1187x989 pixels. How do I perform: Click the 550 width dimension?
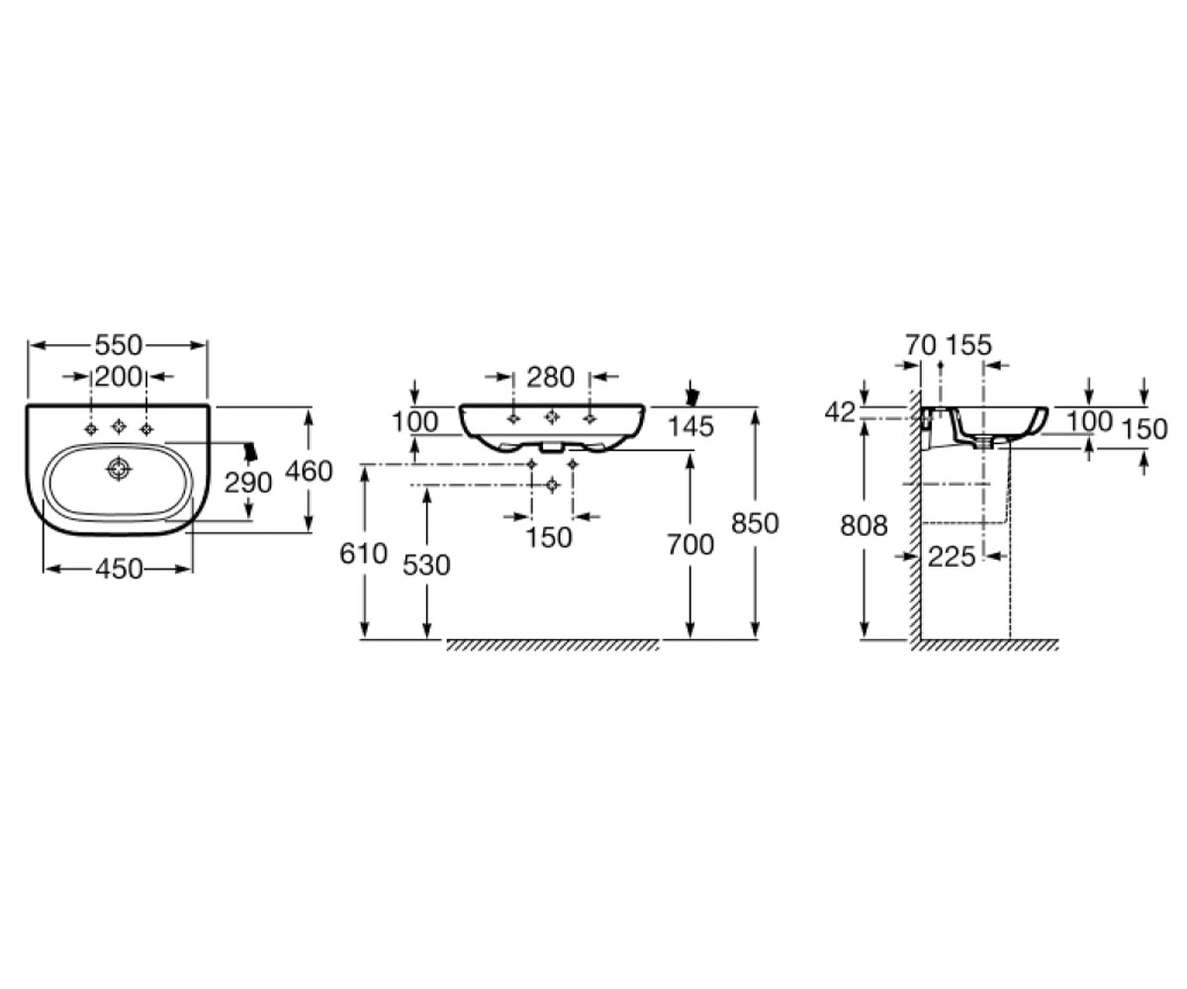[x=119, y=345]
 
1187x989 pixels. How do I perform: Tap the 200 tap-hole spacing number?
[x=119, y=376]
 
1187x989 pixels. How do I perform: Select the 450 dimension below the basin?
[x=119, y=569]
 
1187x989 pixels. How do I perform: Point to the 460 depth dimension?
[x=309, y=471]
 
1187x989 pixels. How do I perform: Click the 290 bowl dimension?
[x=248, y=484]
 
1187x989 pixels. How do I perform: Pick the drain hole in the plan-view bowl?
[x=119, y=469]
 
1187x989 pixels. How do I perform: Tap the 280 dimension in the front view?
[x=550, y=378]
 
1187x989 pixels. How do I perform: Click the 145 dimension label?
[x=690, y=427]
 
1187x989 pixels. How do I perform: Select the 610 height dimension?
[x=363, y=554]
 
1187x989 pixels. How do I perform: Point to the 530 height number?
[x=426, y=566]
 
